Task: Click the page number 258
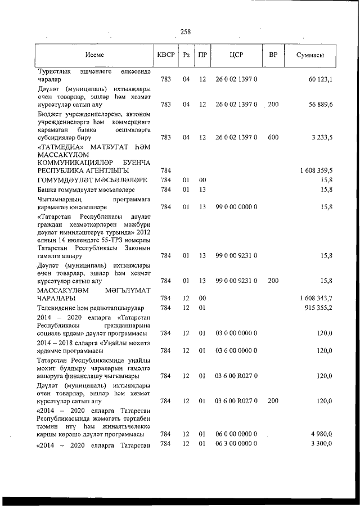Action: pyautogui.click(x=186, y=32)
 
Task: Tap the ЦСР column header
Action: pyautogui.click(x=236, y=55)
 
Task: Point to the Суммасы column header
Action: pyautogui.click(x=310, y=55)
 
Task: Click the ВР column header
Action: pyautogui.click(x=273, y=55)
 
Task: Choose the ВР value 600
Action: pyautogui.click(x=273, y=137)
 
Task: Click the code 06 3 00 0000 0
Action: pyautogui.click(x=236, y=445)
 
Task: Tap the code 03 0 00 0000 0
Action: pyautogui.click(x=236, y=333)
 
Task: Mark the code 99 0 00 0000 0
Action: pyautogui.click(x=236, y=207)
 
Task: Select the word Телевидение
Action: pyautogui.click(x=58, y=308)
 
